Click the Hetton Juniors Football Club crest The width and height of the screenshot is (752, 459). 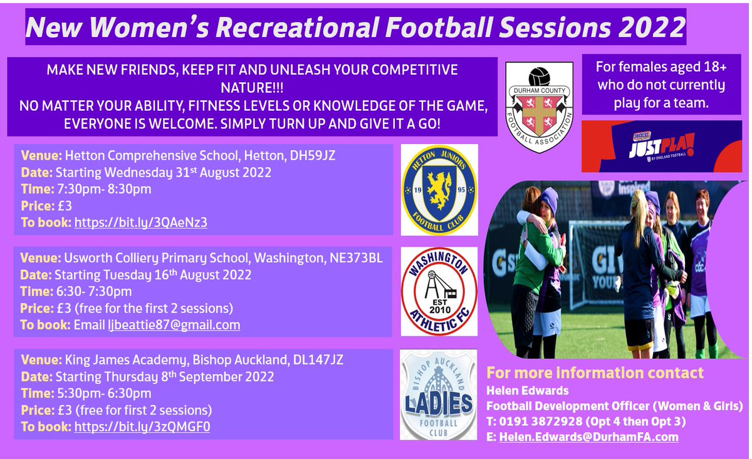pyautogui.click(x=439, y=190)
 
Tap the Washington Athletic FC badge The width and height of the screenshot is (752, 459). pyautogui.click(x=439, y=291)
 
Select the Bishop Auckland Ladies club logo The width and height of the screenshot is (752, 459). pyautogui.click(x=439, y=395)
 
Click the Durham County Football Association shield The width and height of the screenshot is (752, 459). pyautogui.click(x=539, y=107)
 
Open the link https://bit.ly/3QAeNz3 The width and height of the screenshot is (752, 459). pyautogui.click(x=140, y=222)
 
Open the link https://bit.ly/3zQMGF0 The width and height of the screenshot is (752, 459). pyautogui.click(x=142, y=428)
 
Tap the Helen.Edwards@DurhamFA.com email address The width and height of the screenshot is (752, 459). pyautogui.click(x=588, y=437)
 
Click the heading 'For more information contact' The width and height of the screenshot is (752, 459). pyautogui.click(x=595, y=373)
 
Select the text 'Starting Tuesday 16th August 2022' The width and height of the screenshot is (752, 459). pyautogui.click(x=153, y=274)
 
